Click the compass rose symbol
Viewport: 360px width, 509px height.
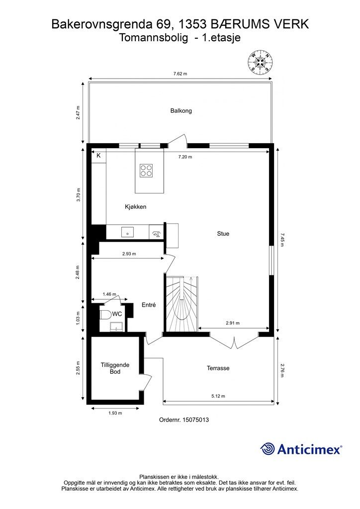[260, 62]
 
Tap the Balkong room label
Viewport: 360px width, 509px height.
[181, 111]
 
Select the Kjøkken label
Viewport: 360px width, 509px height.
[136, 207]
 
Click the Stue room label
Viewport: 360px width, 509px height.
[223, 234]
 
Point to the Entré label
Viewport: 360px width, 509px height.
[149, 305]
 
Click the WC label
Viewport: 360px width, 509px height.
[117, 314]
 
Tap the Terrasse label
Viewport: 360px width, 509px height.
[218, 368]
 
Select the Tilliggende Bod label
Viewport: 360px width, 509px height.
[115, 368]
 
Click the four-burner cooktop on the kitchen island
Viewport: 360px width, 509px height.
[146, 171]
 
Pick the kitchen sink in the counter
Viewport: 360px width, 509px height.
[128, 232]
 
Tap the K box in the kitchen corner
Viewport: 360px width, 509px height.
[98, 156]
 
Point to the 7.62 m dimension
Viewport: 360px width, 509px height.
[180, 74]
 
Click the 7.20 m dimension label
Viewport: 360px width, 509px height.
[185, 157]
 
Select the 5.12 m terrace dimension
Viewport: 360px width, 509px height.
[218, 396]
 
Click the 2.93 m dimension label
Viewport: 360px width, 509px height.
[129, 254]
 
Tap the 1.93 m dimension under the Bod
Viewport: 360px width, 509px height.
[115, 413]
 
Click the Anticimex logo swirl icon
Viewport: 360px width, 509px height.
[268, 449]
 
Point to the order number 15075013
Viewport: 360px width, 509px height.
[195, 420]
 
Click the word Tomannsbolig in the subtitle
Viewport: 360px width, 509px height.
[153, 38]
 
